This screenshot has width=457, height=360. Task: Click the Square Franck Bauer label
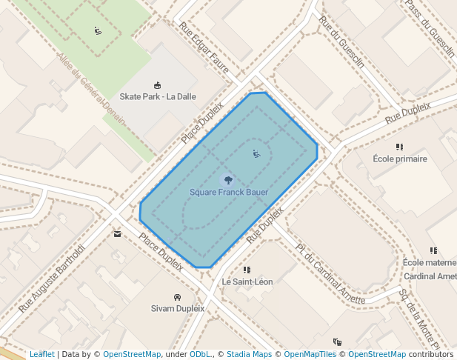coord(228,193)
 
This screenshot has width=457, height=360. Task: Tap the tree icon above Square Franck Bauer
coord(227,179)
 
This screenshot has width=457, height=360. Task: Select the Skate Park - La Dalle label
coord(158,96)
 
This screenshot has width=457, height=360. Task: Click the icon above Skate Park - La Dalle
coord(157,85)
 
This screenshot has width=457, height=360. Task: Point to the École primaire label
coord(399,159)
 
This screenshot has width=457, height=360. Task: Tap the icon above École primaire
coord(399,147)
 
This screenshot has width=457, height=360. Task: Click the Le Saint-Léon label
coord(247,282)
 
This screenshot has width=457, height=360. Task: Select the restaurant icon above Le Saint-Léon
coord(247,270)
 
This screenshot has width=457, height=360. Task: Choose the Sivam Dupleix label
coord(177,308)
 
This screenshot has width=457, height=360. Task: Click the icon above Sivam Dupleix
coord(176,296)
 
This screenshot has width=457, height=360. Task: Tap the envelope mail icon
coord(117,234)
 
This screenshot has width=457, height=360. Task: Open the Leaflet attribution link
coord(41,354)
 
